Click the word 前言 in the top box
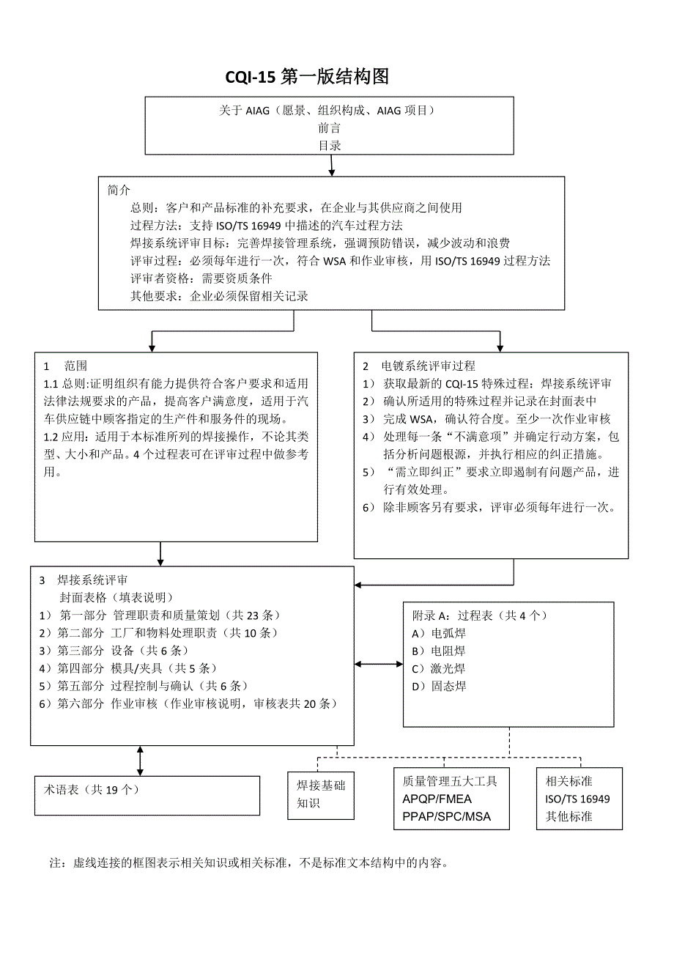[x=329, y=127]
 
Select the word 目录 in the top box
[x=329, y=145]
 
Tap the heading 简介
[x=119, y=190]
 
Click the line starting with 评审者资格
[x=201, y=278]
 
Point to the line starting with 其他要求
[x=219, y=296]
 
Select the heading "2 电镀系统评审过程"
[x=418, y=366]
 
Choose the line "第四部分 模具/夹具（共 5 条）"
[x=127, y=668]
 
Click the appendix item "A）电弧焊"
[x=439, y=633]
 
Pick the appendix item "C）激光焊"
[x=439, y=668]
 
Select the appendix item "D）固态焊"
[x=439, y=686]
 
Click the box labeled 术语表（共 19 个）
[x=147, y=795]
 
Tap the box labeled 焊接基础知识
[x=321, y=794]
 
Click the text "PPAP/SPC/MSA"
[x=446, y=816]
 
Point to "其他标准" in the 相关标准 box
[x=569, y=816]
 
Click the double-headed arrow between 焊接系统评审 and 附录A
[x=379, y=665]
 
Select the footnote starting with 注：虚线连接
[x=249, y=863]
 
